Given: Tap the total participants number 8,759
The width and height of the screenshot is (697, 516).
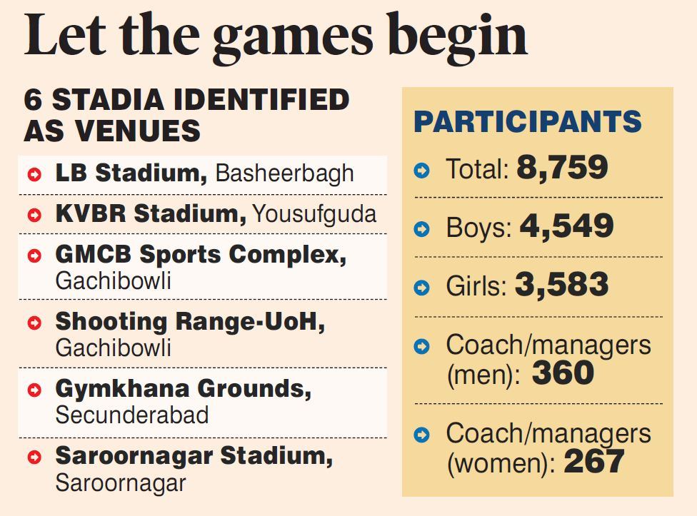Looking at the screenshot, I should click(x=563, y=168).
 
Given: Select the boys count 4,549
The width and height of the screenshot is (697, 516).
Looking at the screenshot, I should click(x=566, y=226).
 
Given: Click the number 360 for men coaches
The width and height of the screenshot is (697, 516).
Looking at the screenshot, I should click(x=563, y=373).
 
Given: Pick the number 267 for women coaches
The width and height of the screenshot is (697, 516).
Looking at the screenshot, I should click(x=594, y=462).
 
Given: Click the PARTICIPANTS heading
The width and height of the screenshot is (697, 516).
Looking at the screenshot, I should click(x=528, y=122).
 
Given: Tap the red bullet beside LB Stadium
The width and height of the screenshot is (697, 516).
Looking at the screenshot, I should click(x=34, y=173).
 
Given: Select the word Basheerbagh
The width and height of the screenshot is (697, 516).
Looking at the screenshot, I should click(x=284, y=173).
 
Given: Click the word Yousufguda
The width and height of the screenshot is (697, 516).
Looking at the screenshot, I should click(x=315, y=213).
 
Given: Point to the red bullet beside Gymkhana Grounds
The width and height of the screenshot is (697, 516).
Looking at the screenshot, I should click(x=34, y=390).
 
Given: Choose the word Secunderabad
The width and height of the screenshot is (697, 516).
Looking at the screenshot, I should click(x=132, y=415).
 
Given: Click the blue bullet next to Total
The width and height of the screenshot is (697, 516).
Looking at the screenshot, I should click(x=422, y=170).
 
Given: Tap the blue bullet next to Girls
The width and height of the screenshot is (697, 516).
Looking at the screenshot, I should click(x=422, y=288).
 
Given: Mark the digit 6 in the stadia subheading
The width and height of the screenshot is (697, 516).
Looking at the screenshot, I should click(x=34, y=100).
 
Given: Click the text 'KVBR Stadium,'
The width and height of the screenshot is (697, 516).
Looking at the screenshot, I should click(x=150, y=213).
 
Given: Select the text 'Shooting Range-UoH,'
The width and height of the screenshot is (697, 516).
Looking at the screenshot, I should click(x=190, y=322).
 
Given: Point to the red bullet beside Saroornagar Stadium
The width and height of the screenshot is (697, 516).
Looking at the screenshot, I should click(x=34, y=457).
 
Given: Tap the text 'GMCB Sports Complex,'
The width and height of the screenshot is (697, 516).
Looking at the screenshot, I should click(x=200, y=255).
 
